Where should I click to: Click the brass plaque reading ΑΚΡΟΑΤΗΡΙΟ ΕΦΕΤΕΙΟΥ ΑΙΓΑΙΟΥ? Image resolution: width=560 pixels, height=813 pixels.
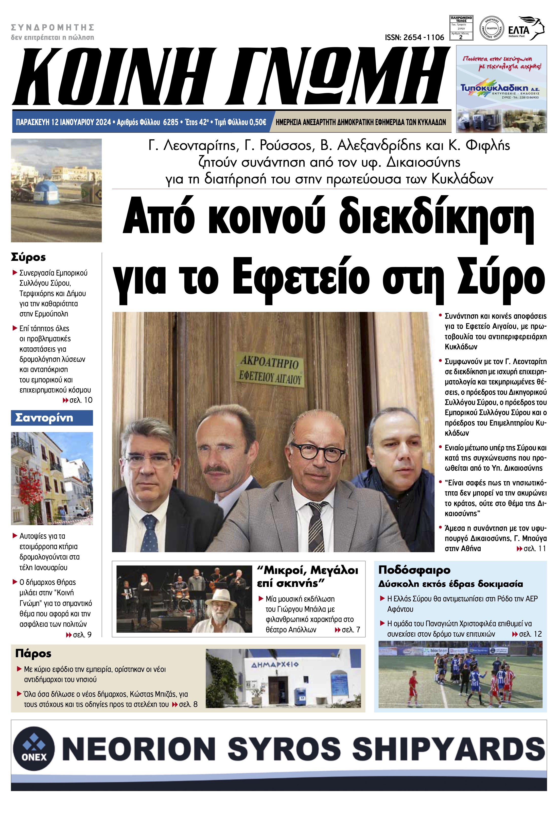tap(270, 370)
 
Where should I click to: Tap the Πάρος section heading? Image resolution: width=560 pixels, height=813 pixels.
tap(33, 653)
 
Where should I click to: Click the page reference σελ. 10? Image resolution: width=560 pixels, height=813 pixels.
tap(81, 400)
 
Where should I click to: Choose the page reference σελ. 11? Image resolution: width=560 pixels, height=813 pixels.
tap(534, 549)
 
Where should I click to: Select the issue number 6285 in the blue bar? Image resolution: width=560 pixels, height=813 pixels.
tap(171, 122)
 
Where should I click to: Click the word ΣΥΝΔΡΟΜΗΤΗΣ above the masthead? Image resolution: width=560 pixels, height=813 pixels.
tap(53, 27)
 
